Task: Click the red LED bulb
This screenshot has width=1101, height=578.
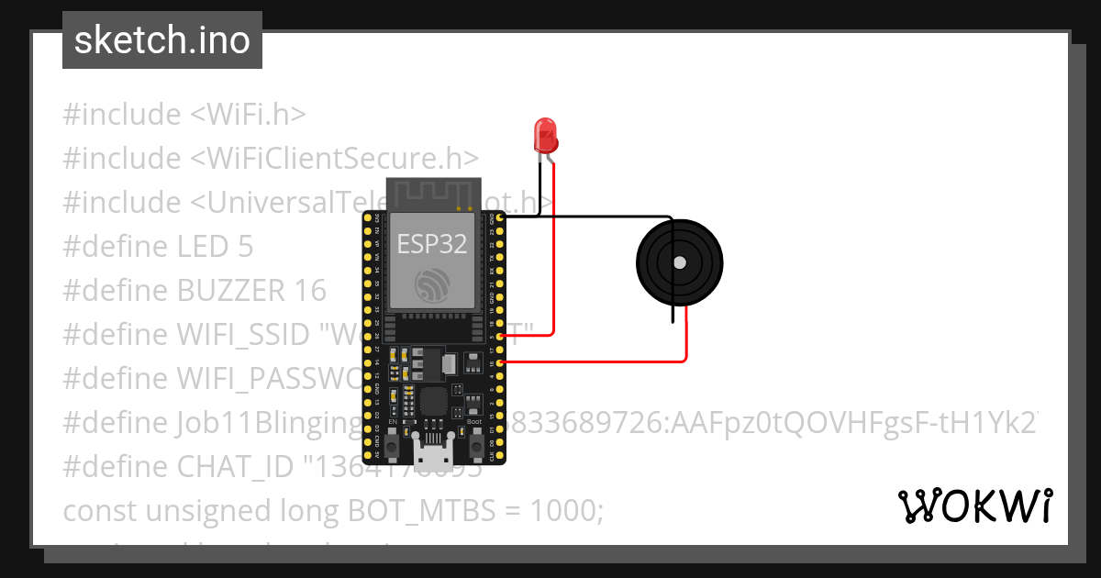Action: (546, 135)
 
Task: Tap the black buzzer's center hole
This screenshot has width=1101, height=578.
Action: (679, 263)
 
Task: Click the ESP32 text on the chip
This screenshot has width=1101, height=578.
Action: (432, 243)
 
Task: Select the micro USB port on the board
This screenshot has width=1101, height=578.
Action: (432, 453)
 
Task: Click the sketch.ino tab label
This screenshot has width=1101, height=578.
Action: (162, 40)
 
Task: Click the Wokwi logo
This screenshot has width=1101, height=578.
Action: (974, 506)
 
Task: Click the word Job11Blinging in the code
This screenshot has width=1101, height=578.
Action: (266, 423)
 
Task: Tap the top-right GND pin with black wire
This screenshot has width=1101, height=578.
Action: (500, 218)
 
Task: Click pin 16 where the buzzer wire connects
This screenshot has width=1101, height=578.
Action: (500, 362)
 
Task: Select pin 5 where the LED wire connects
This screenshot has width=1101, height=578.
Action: (500, 336)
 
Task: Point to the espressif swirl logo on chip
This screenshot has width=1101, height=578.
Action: (432, 285)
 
